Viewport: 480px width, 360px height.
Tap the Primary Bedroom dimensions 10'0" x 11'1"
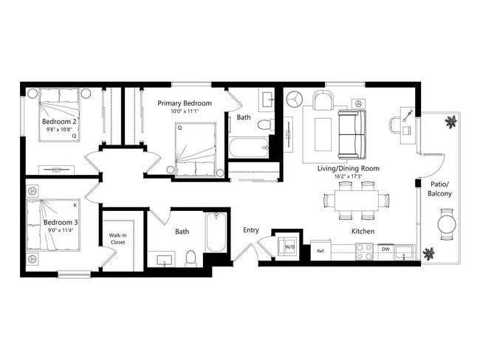coord(184,111)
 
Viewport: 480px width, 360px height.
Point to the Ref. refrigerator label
coord(320,252)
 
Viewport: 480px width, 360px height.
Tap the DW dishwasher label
coord(385,249)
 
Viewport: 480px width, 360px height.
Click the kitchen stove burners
coord(365,252)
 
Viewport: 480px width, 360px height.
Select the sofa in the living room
coord(351,134)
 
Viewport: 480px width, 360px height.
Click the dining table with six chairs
coord(351,201)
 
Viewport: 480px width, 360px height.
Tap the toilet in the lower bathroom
coord(191,257)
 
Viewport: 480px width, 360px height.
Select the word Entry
coord(251,230)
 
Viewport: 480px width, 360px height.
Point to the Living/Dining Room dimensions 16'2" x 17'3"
coord(348,177)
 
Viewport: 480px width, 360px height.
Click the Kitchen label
coord(363,232)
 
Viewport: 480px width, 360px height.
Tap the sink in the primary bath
coord(267,99)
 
